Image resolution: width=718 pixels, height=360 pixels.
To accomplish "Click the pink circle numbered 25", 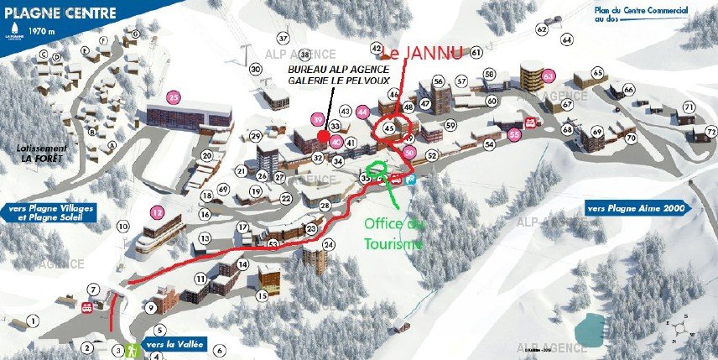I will point(174,96).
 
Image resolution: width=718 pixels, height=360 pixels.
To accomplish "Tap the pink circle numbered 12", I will point(156,211).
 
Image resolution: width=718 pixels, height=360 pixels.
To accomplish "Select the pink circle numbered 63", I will point(549,76).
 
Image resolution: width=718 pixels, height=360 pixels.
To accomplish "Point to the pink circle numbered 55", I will point(515,133).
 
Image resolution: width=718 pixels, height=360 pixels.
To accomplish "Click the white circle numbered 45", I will point(389,128).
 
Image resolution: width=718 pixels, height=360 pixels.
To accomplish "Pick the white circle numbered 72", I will point(710,132).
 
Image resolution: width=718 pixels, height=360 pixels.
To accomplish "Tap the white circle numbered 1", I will point(33,321).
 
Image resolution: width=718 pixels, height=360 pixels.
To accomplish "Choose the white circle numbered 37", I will point(283,39).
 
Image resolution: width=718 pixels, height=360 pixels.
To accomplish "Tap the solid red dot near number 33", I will point(323,135).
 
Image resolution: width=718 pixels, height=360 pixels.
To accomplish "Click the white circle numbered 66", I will point(628,90).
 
